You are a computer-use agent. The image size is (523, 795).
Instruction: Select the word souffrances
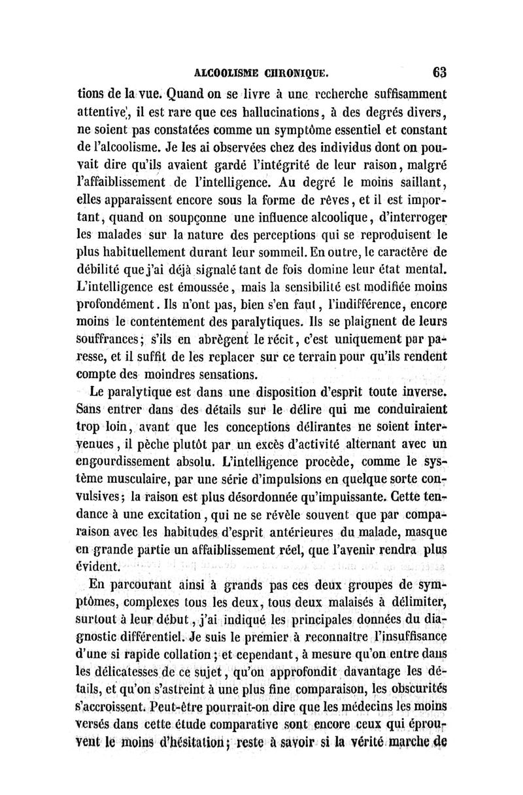pyautogui.click(x=109, y=339)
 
